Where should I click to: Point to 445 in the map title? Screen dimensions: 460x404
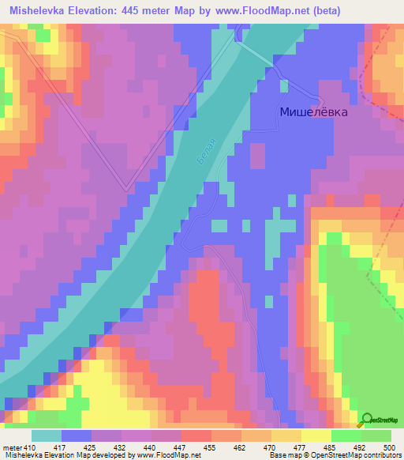point(147,12)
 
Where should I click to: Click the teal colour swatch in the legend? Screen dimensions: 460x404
point(47,435)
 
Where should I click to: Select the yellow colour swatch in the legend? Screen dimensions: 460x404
point(316,435)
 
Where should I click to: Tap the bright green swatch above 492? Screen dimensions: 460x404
point(346,435)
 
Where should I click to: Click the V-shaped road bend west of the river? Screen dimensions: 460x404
point(126,190)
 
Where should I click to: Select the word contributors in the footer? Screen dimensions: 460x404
point(380,455)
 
